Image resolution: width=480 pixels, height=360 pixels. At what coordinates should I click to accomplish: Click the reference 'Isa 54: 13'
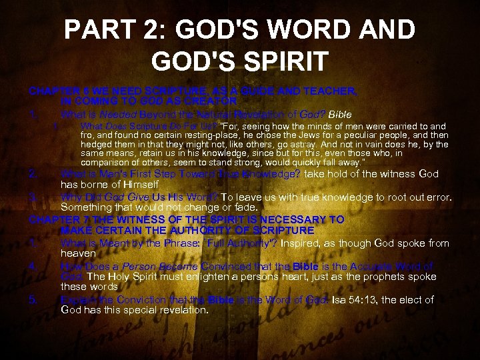point(350,300)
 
